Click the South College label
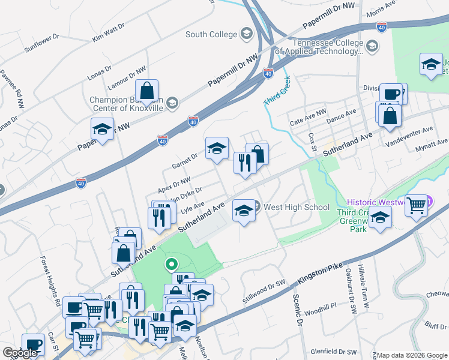(x=211, y=34)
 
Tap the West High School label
(x=297, y=208)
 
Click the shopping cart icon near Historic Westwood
(x=416, y=205)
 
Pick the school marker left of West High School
(x=243, y=211)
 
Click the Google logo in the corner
(x=20, y=353)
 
